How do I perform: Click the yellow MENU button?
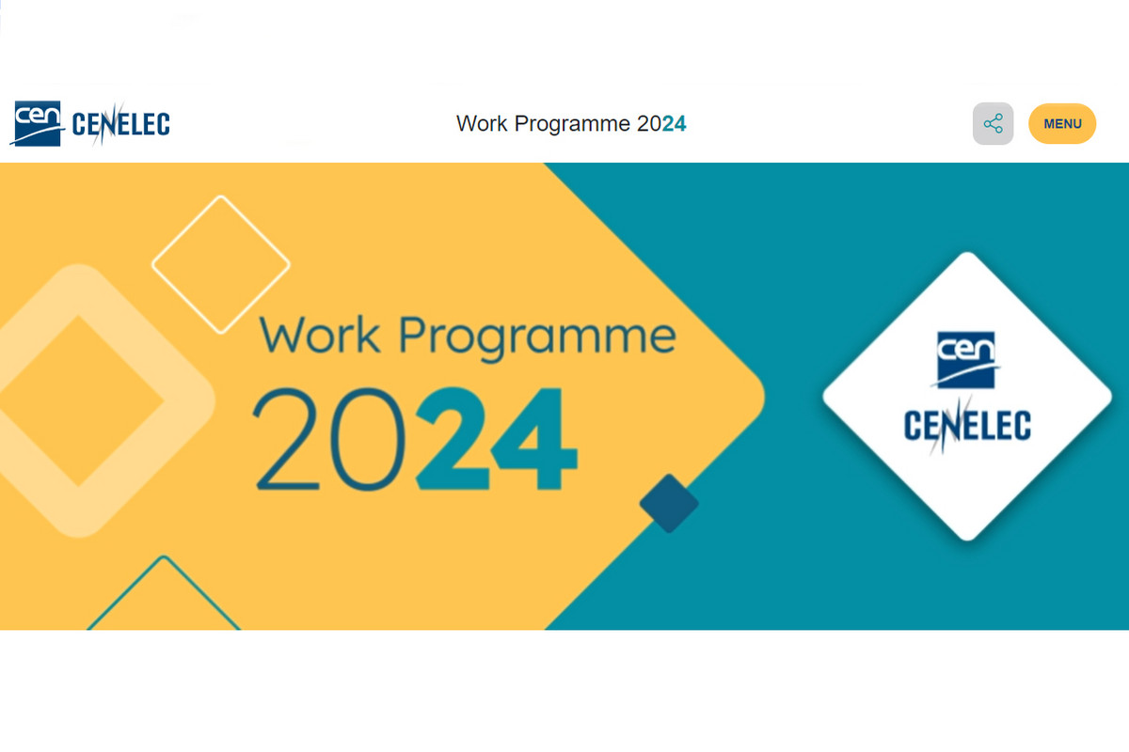1062,123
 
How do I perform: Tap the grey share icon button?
993,123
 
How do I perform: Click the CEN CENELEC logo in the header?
91,123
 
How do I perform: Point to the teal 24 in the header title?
675,123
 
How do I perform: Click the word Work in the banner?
319,336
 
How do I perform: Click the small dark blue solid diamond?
669,503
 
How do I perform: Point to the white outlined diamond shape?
221,263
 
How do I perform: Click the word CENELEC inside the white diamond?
967,425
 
